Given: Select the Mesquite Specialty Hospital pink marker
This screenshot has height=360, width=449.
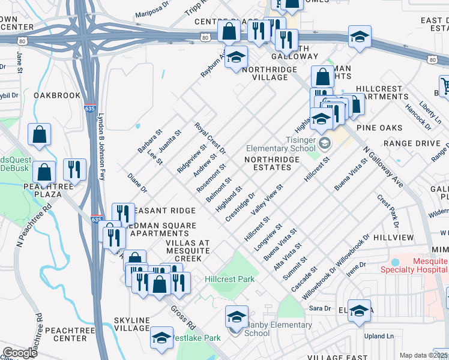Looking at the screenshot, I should (394, 263).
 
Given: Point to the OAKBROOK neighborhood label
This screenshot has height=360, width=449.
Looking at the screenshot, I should (57, 95).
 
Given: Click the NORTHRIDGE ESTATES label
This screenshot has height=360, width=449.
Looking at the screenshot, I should (272, 164).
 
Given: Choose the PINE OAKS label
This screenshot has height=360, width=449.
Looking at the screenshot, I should (379, 128).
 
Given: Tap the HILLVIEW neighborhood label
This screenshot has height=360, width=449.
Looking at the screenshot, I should (393, 238).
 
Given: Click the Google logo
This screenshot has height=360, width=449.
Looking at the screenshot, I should (20, 353).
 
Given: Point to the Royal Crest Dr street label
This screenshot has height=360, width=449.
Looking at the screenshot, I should (209, 137).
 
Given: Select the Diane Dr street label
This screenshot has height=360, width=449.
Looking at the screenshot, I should (137, 184).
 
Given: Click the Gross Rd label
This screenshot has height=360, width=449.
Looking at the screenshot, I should (184, 317).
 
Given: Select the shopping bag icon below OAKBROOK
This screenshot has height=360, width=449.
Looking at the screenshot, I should (39, 135).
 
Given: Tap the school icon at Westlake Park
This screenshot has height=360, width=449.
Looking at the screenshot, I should (161, 338).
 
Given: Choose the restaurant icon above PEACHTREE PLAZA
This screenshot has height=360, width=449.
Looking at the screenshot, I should (74, 170).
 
